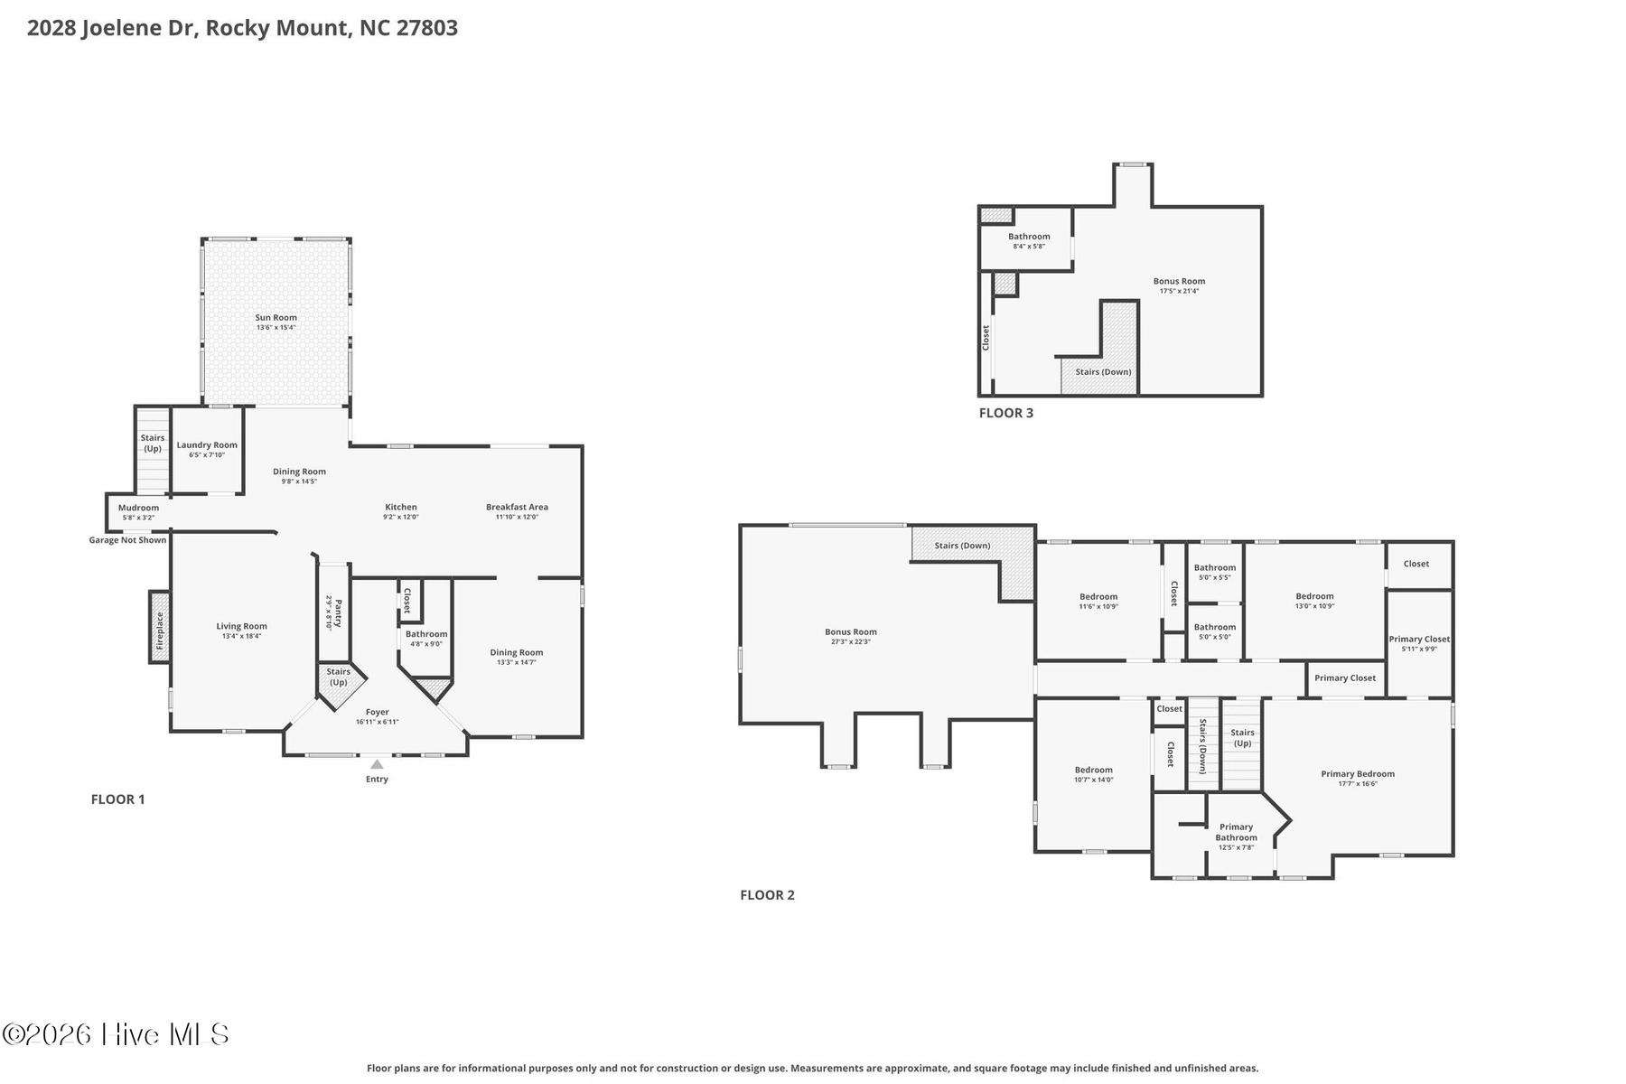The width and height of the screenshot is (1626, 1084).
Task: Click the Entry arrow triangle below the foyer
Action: click(x=377, y=764)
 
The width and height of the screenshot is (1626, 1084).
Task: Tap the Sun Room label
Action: click(x=276, y=317)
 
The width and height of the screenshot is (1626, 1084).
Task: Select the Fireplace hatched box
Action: click(x=160, y=627)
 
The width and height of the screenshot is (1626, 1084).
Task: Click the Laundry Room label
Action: click(x=207, y=444)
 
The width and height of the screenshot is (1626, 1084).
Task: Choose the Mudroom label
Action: click(x=138, y=508)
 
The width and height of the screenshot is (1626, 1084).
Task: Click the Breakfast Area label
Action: click(x=517, y=507)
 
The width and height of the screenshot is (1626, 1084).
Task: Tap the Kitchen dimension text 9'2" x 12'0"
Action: click(x=401, y=517)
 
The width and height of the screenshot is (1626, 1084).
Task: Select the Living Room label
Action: click(x=241, y=626)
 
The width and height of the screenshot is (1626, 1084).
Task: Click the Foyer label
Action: click(x=377, y=712)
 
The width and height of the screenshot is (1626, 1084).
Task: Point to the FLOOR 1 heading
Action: click(x=117, y=799)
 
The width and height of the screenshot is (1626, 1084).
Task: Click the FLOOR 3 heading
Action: click(x=1006, y=413)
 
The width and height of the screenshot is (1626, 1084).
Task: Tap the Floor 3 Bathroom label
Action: click(x=1029, y=236)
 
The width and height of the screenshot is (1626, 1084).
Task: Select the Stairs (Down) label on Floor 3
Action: click(x=1103, y=371)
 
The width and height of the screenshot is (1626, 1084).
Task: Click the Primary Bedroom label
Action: click(x=1358, y=773)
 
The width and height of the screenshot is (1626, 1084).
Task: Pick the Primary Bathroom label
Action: click(x=1236, y=832)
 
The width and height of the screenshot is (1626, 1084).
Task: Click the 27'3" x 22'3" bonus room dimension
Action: click(x=851, y=641)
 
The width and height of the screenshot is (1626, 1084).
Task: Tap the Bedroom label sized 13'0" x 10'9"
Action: click(x=1314, y=596)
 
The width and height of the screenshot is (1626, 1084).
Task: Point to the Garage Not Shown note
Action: click(x=127, y=540)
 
